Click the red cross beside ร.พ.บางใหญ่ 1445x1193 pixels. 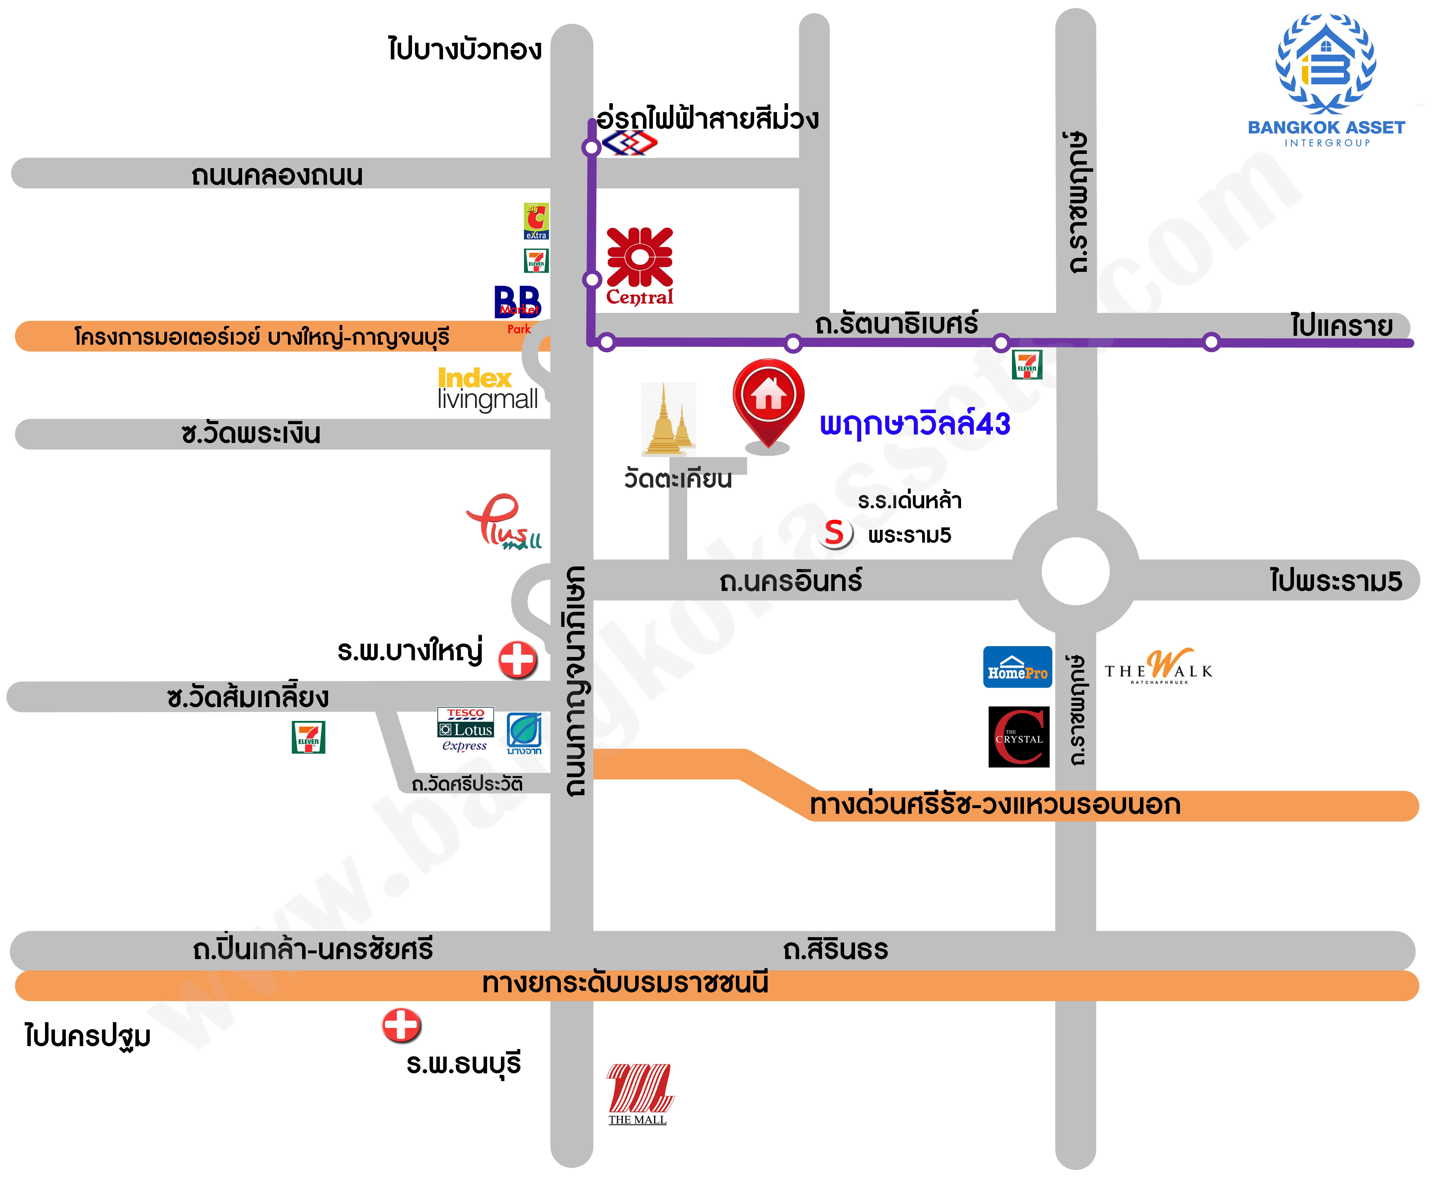point(517,660)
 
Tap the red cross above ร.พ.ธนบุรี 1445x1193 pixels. point(402,1025)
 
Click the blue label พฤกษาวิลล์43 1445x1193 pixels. point(914,424)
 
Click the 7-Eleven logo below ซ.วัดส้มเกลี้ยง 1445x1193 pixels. point(308,737)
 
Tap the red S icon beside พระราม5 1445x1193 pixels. point(835,533)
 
